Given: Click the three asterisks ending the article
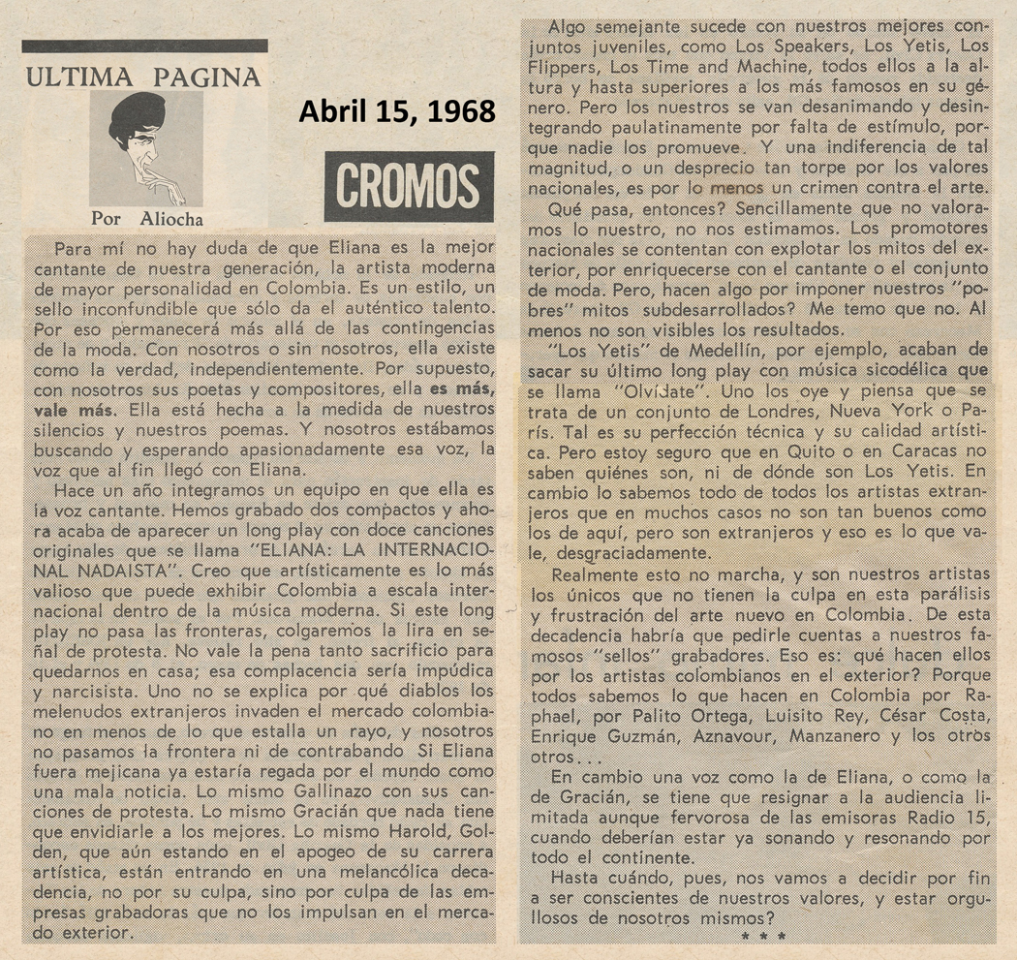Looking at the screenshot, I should point(762,936).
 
